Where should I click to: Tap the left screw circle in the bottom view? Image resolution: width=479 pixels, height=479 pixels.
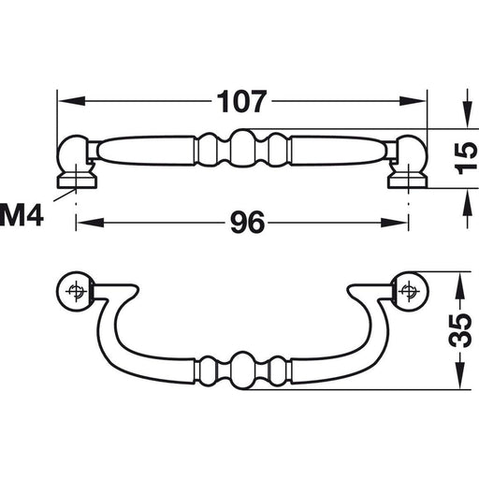click(76, 290)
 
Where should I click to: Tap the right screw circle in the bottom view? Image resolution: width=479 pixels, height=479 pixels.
click(408, 290)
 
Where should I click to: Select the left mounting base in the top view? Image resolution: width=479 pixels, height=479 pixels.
click(74, 178)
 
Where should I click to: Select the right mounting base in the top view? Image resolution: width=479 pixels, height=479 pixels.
click(409, 178)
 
